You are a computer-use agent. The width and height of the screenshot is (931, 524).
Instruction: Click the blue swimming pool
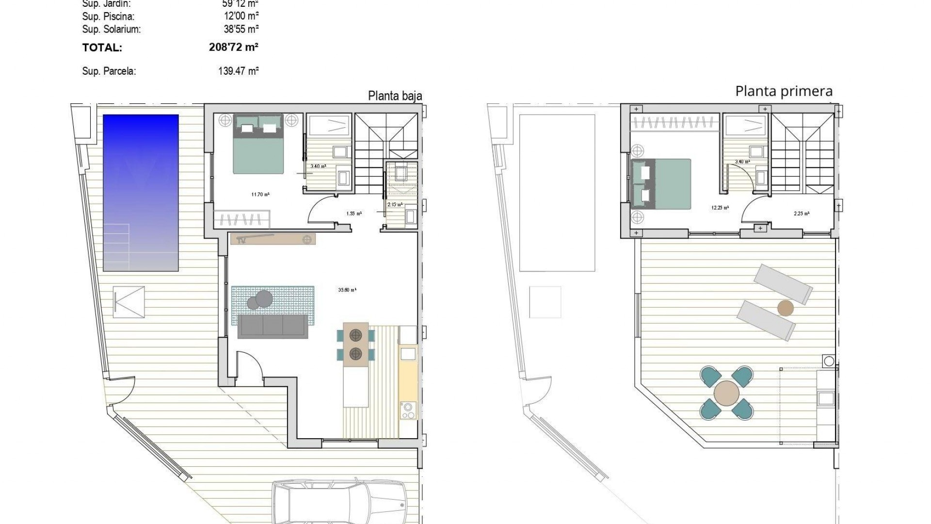(141, 192)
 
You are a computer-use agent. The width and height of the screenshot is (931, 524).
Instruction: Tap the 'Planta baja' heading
(395, 96)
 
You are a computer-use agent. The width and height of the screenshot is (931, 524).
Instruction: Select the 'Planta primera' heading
(784, 91)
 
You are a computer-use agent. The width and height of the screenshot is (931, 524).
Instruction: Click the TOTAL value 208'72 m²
(234, 48)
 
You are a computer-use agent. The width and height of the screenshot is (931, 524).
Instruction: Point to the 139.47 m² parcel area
(238, 71)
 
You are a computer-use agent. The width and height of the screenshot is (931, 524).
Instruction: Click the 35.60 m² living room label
(347, 290)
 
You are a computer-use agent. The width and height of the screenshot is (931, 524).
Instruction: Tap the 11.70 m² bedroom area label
(260, 195)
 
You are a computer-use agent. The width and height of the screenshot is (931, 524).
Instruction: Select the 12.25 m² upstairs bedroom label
(720, 208)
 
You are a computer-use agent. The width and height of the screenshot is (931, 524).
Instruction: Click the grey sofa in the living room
(273, 327)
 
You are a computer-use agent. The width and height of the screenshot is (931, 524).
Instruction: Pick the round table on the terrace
(726, 393)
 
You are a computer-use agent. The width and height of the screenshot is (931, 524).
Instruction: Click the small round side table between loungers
(785, 308)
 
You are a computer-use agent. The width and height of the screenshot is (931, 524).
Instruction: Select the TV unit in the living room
(273, 239)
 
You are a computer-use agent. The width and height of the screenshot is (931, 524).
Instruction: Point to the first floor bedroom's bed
(662, 184)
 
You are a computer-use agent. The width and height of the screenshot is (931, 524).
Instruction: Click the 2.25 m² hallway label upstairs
(801, 213)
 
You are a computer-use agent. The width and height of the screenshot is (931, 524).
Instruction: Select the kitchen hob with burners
(408, 410)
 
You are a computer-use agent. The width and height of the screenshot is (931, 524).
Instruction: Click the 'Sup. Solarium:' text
(112, 29)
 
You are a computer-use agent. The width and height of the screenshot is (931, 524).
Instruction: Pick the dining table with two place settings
(356, 344)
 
